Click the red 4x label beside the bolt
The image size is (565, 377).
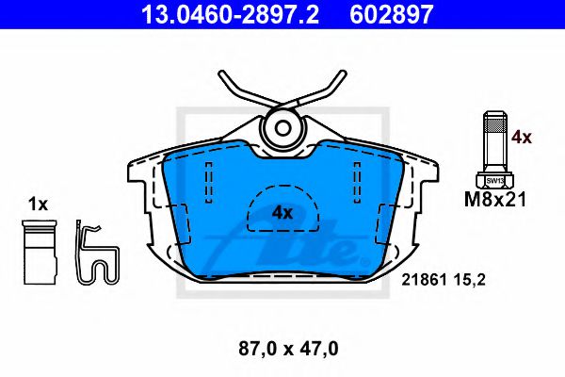pyautogui.click(x=521, y=138)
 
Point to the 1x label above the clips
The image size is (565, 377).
pyautogui.click(x=38, y=204)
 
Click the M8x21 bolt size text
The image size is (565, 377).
pyautogui.click(x=494, y=199)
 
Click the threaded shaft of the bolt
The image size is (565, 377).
pyautogui.click(x=494, y=141)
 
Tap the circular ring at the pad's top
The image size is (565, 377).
pyautogui.click(x=282, y=129)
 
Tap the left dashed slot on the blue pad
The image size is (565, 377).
pyautogui.click(x=206, y=178)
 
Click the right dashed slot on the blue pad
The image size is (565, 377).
pyautogui.click(x=357, y=178)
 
